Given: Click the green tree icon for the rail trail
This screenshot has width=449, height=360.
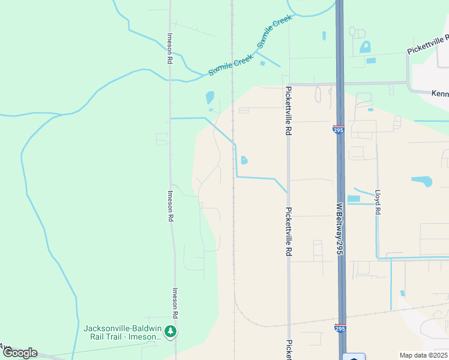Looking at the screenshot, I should pyautogui.click(x=171, y=331).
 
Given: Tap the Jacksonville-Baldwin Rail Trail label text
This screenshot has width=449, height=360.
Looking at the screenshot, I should pyautogui.click(x=124, y=332).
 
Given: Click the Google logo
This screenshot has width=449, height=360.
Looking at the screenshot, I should pyautogui.click(x=20, y=353).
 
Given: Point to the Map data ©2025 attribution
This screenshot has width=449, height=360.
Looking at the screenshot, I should pyautogui.click(x=423, y=355).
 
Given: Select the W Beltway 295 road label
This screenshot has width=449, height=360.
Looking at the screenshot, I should pyautogui.click(x=339, y=228).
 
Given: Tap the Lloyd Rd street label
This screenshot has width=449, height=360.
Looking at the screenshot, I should pyautogui.click(x=378, y=203).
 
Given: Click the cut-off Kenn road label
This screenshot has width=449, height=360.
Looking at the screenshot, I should pyautogui.click(x=440, y=93).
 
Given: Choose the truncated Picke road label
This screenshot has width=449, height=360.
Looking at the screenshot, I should pyautogui.click(x=289, y=350).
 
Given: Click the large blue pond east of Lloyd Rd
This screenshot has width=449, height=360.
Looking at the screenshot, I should pyautogui.click(x=422, y=181).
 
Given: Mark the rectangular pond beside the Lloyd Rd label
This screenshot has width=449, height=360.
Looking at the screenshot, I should pyautogui.click(x=354, y=199).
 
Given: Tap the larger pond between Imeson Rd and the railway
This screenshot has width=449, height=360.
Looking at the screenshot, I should pyautogui.click(x=209, y=97).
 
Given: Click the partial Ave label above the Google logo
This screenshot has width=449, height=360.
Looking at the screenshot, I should pyautogui.click(x=5, y=347).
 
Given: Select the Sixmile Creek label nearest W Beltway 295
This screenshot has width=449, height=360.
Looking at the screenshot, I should pyautogui.click(x=274, y=32).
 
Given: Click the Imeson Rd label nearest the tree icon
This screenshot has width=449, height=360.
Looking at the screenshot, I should pyautogui.click(x=175, y=304).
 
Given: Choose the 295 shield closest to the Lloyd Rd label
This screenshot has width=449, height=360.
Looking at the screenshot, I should pyautogui.click(x=338, y=129).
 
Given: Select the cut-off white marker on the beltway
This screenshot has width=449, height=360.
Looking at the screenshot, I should pyautogui.click(x=354, y=358).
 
